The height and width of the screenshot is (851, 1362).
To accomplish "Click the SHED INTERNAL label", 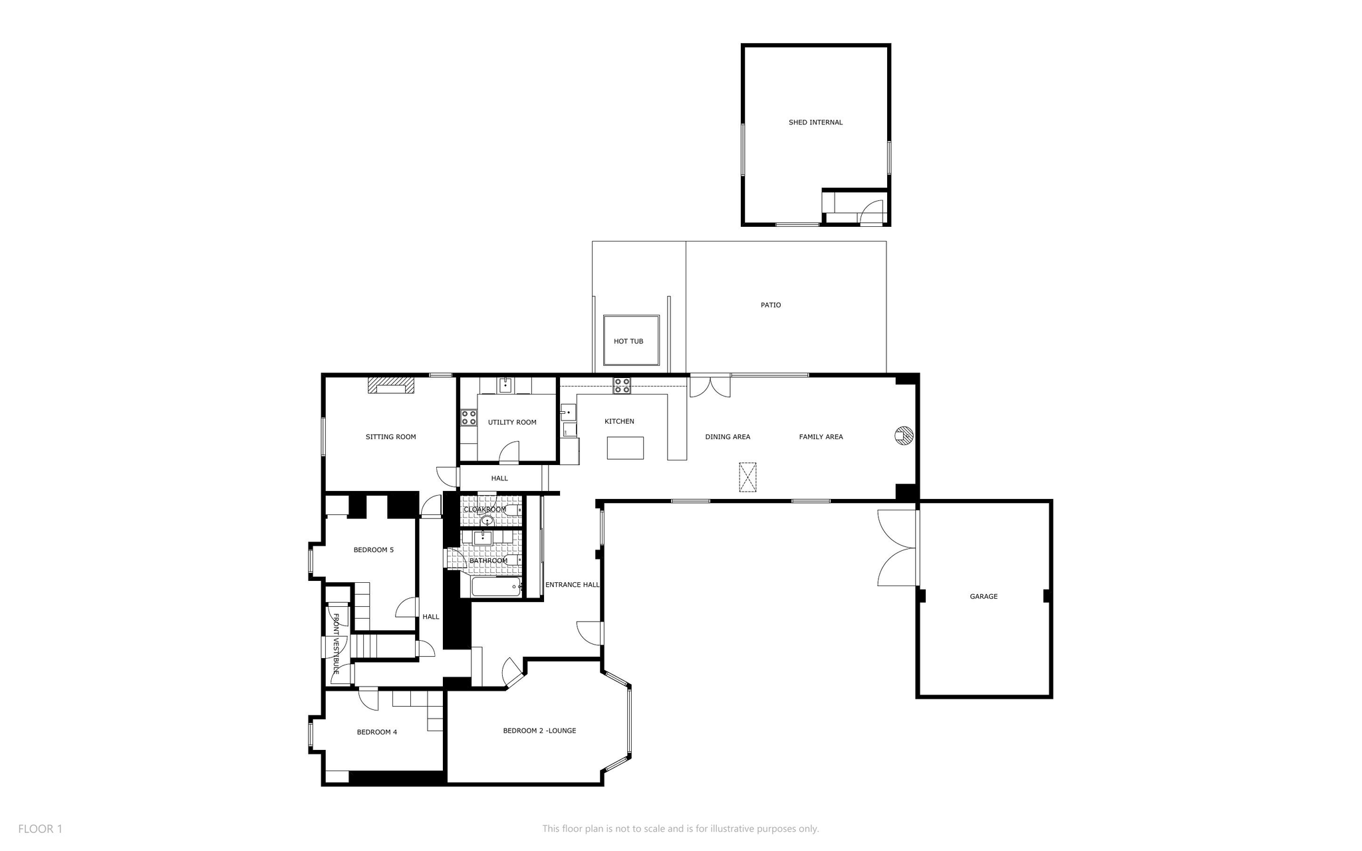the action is click(x=815, y=122).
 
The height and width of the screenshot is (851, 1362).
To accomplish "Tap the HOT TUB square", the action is click(x=630, y=340).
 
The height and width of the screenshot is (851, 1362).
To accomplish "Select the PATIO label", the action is click(x=771, y=305).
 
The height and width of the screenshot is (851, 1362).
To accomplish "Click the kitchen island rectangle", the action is click(x=625, y=448).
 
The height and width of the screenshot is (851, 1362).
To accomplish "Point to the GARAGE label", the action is click(x=984, y=597).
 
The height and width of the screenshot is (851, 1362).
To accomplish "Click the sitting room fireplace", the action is click(x=391, y=385).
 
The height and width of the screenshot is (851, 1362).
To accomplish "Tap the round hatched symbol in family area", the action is click(x=904, y=435).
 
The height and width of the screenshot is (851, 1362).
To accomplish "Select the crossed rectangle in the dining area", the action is click(x=748, y=477).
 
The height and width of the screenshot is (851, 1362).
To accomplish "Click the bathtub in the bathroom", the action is click(x=496, y=587).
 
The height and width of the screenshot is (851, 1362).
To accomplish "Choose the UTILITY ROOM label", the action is click(x=512, y=423).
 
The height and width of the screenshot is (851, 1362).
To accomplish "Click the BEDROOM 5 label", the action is click(x=373, y=550).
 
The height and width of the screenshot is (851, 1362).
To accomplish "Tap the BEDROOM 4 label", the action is click(x=376, y=733).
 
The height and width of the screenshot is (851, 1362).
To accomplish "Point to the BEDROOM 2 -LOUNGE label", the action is click(x=539, y=731).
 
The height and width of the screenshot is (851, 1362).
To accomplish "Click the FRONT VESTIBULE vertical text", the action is click(x=337, y=644).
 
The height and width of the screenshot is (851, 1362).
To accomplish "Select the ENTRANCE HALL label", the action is click(x=572, y=585).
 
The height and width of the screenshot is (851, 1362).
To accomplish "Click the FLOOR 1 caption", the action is click(x=40, y=829).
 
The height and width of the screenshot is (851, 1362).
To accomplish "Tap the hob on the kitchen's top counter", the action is click(x=622, y=385).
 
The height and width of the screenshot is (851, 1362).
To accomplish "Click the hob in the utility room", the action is click(x=469, y=417).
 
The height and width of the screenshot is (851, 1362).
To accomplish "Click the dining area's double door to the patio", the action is click(x=710, y=387).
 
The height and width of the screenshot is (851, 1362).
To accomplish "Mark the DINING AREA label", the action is click(x=728, y=437).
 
